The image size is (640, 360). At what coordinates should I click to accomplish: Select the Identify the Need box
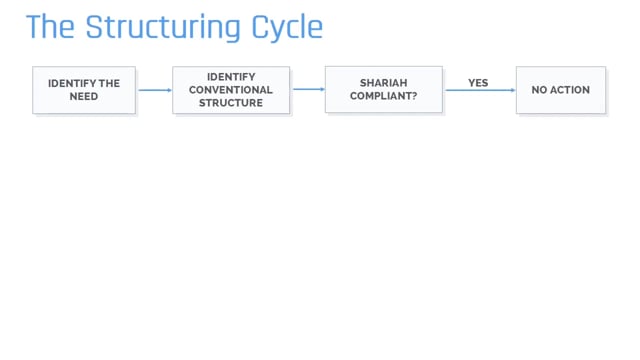pos(84,90)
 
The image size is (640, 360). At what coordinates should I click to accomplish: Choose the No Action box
pos(560,90)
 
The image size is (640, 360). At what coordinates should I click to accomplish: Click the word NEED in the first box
pos(84,97)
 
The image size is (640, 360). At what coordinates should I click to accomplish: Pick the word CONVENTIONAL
pos(231,90)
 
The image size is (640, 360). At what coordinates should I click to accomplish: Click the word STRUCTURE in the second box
pos(231,103)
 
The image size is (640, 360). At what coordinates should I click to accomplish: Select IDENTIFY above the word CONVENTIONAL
pos(231,77)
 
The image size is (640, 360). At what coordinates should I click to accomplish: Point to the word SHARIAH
pos(384,83)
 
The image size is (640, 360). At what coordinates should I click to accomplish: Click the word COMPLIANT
pos(381,97)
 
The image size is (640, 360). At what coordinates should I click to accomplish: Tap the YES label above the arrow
pos(478,82)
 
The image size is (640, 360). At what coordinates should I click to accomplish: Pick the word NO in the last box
pos(540,90)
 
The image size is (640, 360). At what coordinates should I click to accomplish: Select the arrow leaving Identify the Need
pos(154,90)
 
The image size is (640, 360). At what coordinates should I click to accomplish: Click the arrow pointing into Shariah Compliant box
pos(308,90)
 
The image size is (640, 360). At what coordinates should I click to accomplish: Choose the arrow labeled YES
pos(478,90)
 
